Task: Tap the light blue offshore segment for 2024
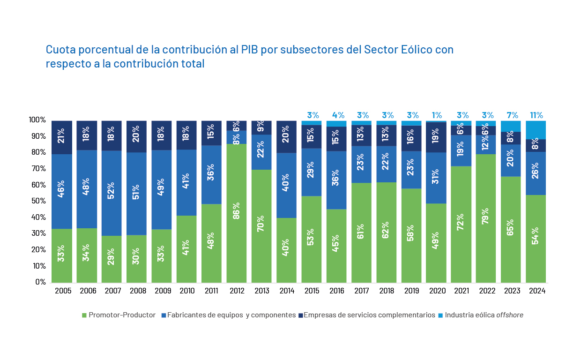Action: tap(536, 130)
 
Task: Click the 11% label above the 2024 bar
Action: tap(536, 115)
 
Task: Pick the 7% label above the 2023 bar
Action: tap(512, 115)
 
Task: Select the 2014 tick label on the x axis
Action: tap(287, 291)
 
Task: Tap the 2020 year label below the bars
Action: tap(437, 291)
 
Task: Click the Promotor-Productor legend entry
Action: tap(119, 315)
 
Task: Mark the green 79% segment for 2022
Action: tap(486, 218)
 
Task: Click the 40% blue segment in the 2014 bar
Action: tap(286, 185)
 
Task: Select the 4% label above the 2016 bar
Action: tap(338, 115)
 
